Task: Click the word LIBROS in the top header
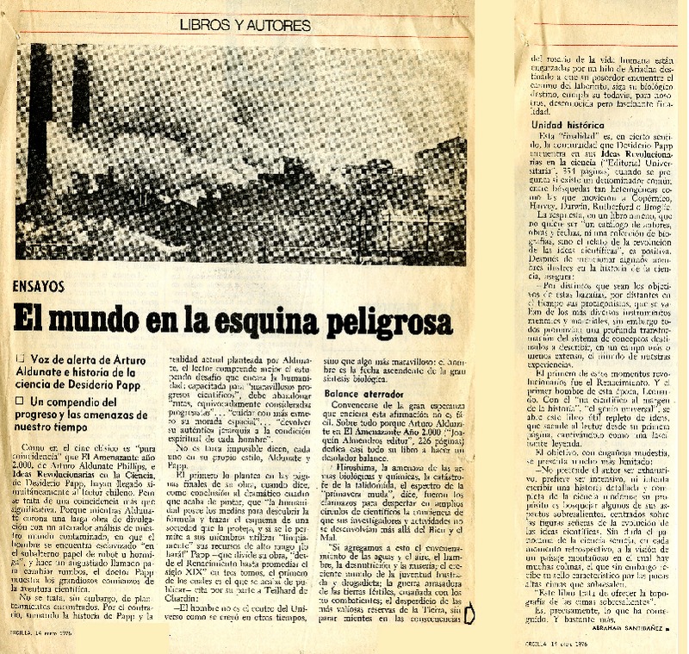tap(205, 26)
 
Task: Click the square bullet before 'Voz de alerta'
tap(21, 358)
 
